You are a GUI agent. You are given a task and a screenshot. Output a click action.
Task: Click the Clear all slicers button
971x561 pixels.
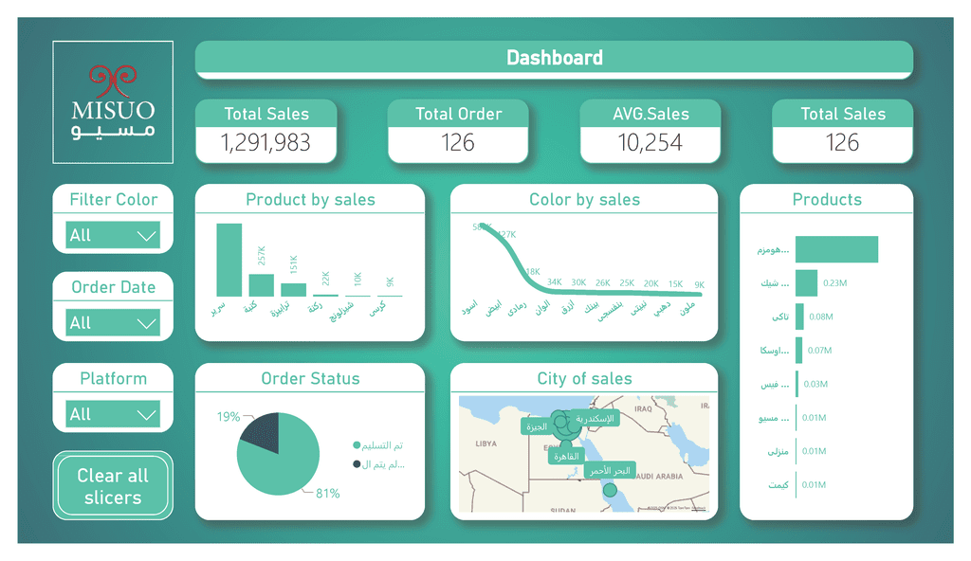pyautogui.click(x=113, y=485)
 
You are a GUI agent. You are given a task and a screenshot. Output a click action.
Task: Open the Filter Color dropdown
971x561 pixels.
pyautogui.click(x=113, y=235)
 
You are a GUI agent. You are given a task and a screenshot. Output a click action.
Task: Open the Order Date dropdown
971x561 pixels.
pyautogui.click(x=113, y=323)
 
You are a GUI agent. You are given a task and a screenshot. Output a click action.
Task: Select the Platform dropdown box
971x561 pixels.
pyautogui.click(x=113, y=414)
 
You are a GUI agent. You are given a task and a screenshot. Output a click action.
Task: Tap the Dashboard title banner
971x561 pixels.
pyautogui.click(x=554, y=59)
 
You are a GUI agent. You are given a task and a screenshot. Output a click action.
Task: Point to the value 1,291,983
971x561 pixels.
pyautogui.click(x=266, y=143)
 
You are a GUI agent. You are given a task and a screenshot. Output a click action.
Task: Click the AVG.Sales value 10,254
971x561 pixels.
pyautogui.click(x=650, y=143)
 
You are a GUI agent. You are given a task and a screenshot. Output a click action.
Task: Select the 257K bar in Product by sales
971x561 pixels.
pyautogui.click(x=261, y=285)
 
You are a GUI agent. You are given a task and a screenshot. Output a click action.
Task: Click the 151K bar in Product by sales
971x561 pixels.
pyautogui.click(x=293, y=289)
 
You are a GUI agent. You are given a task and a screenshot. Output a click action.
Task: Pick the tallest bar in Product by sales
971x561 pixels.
pyautogui.click(x=229, y=260)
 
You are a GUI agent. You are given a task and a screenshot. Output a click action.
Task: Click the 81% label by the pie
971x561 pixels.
pyautogui.click(x=327, y=493)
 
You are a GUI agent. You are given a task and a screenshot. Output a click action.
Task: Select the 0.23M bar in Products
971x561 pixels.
pyautogui.click(x=806, y=282)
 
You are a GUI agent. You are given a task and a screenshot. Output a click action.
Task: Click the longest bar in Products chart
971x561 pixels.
pyautogui.click(x=836, y=249)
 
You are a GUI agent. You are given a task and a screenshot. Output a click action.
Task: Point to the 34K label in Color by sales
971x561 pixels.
pyautogui.click(x=555, y=282)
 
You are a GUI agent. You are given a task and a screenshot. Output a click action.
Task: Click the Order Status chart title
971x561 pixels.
pyautogui.click(x=310, y=379)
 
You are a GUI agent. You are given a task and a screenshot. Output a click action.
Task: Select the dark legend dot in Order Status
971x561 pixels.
pyautogui.click(x=357, y=464)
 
